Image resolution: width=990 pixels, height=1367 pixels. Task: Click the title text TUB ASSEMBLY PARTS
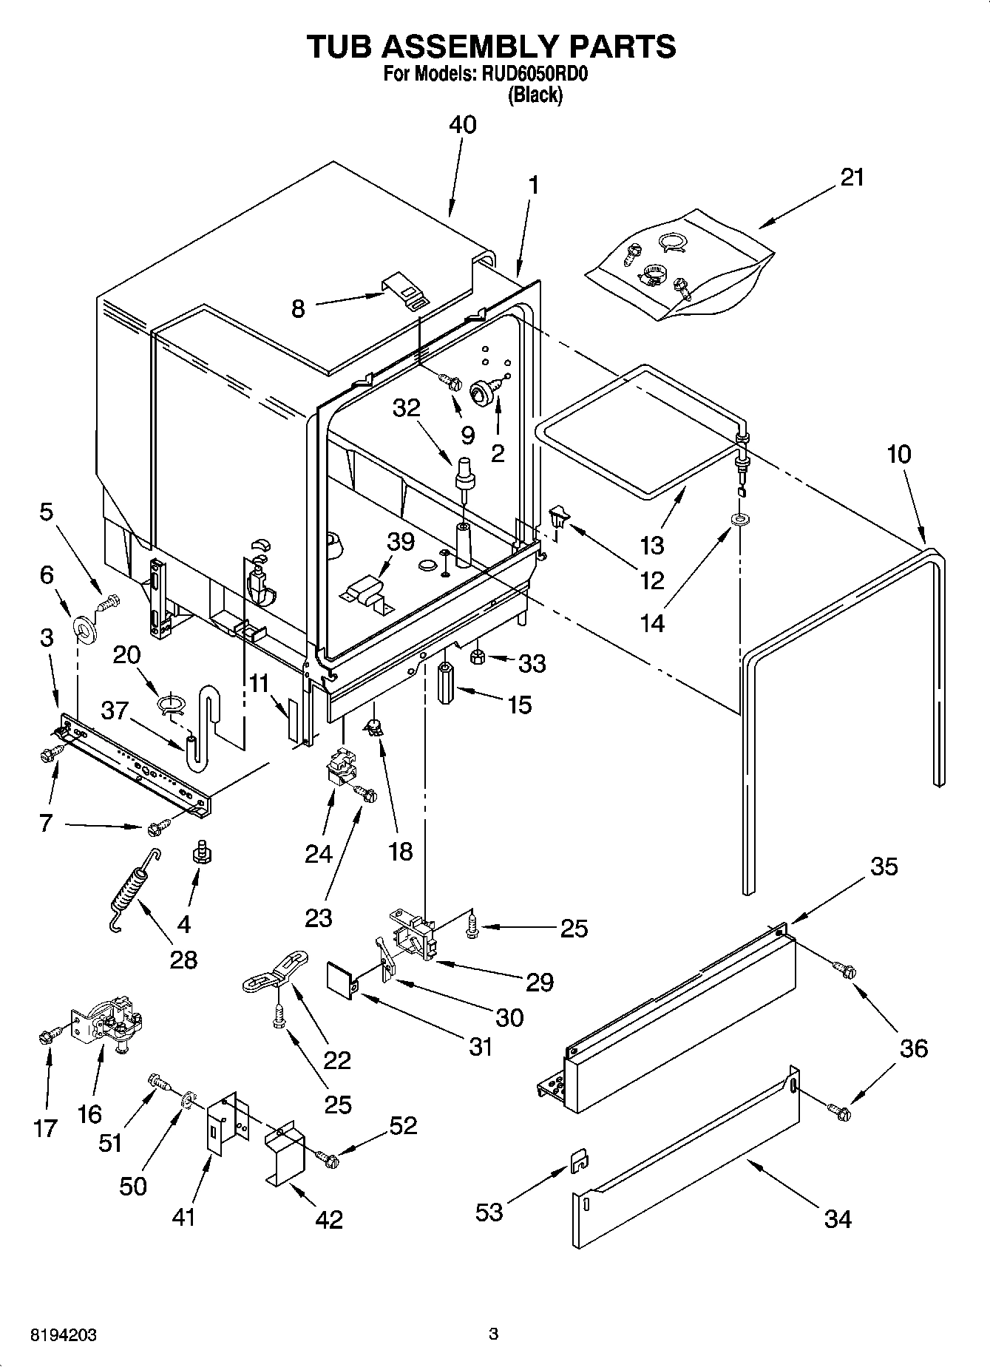pyautogui.click(x=492, y=46)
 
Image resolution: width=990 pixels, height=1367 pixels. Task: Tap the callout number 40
pyautogui.click(x=463, y=124)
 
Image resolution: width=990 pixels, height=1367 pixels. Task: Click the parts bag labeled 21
pyautogui.click(x=680, y=264)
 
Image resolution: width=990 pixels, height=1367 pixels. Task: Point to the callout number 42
pyautogui.click(x=328, y=1218)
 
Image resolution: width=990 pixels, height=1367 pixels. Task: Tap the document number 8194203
pyautogui.click(x=63, y=1335)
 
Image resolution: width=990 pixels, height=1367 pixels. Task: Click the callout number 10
pyautogui.click(x=898, y=454)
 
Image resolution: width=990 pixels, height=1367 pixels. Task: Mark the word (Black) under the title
pyautogui.click(x=535, y=95)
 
